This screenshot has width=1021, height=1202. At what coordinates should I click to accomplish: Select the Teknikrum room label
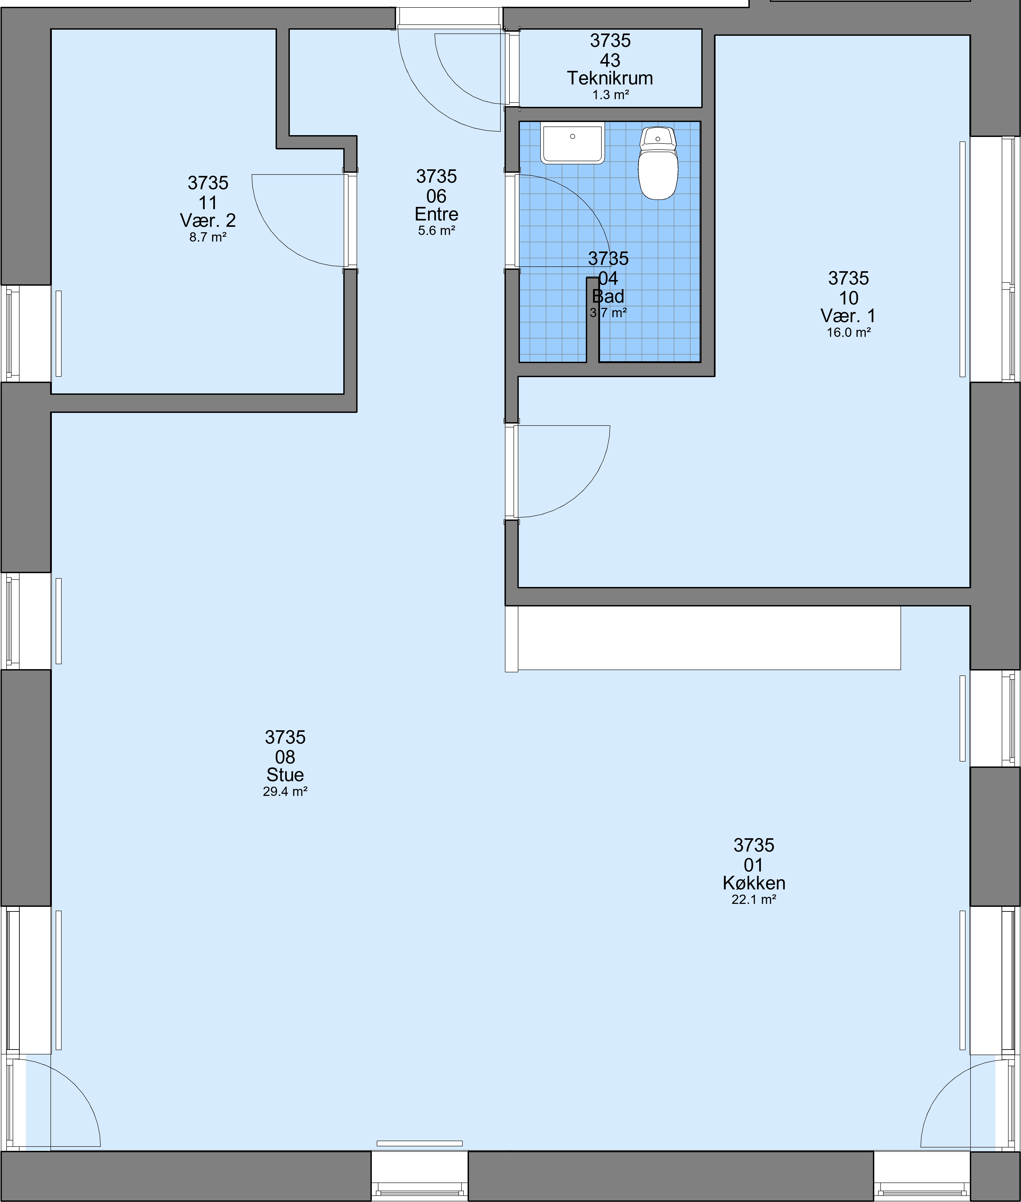click(x=610, y=78)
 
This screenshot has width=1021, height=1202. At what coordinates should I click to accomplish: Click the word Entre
click(x=436, y=214)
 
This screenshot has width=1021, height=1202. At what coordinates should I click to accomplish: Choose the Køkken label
click(x=754, y=883)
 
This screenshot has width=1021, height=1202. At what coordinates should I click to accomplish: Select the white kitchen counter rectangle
click(x=709, y=638)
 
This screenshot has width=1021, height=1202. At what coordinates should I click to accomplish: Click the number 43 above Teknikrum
click(x=610, y=60)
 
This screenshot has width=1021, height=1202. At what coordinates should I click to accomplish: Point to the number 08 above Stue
click(x=285, y=757)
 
